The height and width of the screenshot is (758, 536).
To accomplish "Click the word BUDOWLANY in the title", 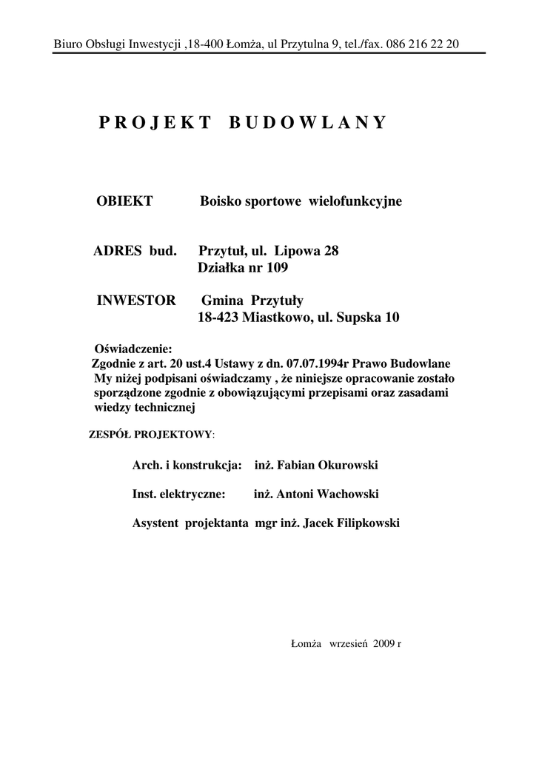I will (307, 123).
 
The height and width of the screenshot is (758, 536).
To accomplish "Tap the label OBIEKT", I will (125, 201).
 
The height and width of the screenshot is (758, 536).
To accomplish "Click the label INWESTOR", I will (136, 301).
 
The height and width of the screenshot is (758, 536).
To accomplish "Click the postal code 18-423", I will (220, 318).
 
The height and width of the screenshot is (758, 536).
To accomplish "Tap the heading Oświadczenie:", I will (133, 349).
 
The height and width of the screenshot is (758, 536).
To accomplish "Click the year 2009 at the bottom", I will (385, 644).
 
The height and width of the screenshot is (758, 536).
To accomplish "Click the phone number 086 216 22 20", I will (422, 44).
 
